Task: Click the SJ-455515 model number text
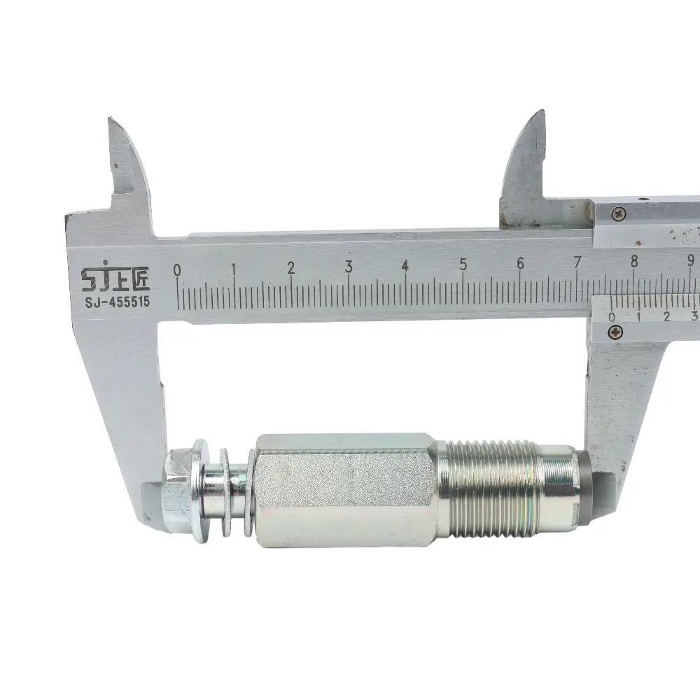tap(118, 302)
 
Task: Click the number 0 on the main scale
tap(177, 270)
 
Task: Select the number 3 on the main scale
tap(349, 267)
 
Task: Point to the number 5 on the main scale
tap(463, 265)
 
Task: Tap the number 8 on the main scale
tap(634, 261)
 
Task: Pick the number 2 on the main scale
tap(291, 268)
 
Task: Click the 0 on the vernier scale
tap(612, 317)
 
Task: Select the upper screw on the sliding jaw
tap(618, 213)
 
